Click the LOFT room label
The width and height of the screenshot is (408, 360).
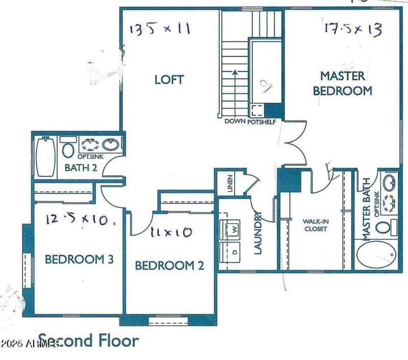coord(169,80)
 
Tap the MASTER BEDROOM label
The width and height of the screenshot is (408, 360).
coord(342,84)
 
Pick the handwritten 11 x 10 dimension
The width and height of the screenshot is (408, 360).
coord(171,233)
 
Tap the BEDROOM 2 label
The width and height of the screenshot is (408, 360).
coord(169,266)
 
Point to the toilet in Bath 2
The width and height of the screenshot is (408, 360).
coord(67,149)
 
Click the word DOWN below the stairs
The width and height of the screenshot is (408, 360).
coord(235,122)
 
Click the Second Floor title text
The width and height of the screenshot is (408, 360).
coord(88,340)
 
